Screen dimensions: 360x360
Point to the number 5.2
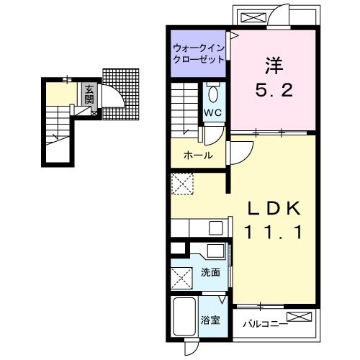[274, 92]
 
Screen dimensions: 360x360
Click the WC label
[212, 113]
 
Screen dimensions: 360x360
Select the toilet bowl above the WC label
[212, 94]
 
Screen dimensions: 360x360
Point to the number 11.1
[272, 232]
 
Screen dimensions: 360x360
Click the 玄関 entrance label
[89, 94]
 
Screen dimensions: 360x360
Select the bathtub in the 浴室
[184, 316]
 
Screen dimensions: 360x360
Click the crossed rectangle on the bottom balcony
[298, 318]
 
